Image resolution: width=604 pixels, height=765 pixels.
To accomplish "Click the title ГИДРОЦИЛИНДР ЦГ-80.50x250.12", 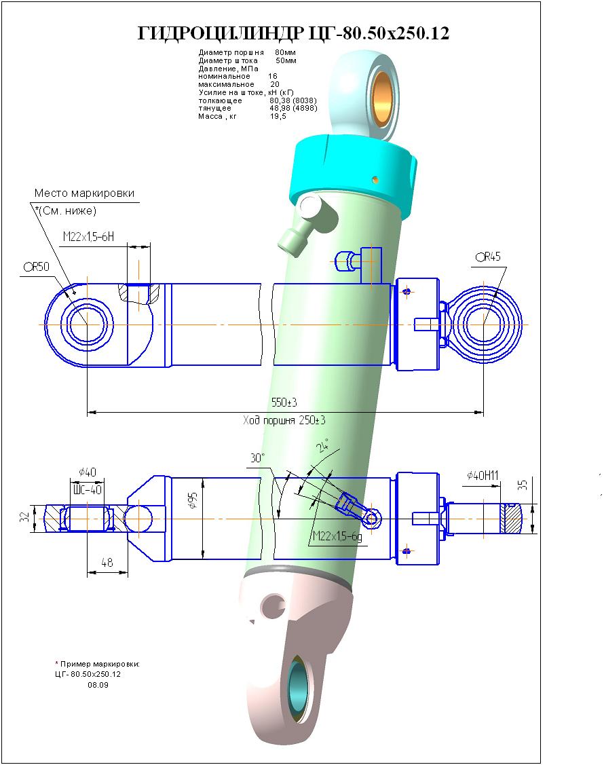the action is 293,33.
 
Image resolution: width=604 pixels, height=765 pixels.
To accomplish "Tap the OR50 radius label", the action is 37,267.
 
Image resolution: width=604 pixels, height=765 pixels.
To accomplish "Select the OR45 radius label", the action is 488,257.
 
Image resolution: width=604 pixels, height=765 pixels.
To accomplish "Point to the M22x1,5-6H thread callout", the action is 88,237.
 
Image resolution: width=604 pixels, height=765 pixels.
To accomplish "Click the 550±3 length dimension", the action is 284,403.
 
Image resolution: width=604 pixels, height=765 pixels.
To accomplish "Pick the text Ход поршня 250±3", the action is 284,420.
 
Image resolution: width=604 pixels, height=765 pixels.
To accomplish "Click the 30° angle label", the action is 257,458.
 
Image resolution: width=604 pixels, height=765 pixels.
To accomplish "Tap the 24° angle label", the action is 322,445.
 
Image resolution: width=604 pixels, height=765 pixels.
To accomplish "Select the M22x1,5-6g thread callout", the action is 337,537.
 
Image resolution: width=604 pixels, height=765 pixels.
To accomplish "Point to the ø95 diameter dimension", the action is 193,500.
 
